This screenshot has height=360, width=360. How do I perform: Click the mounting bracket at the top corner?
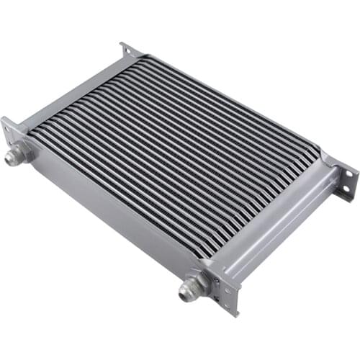(130, 51)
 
